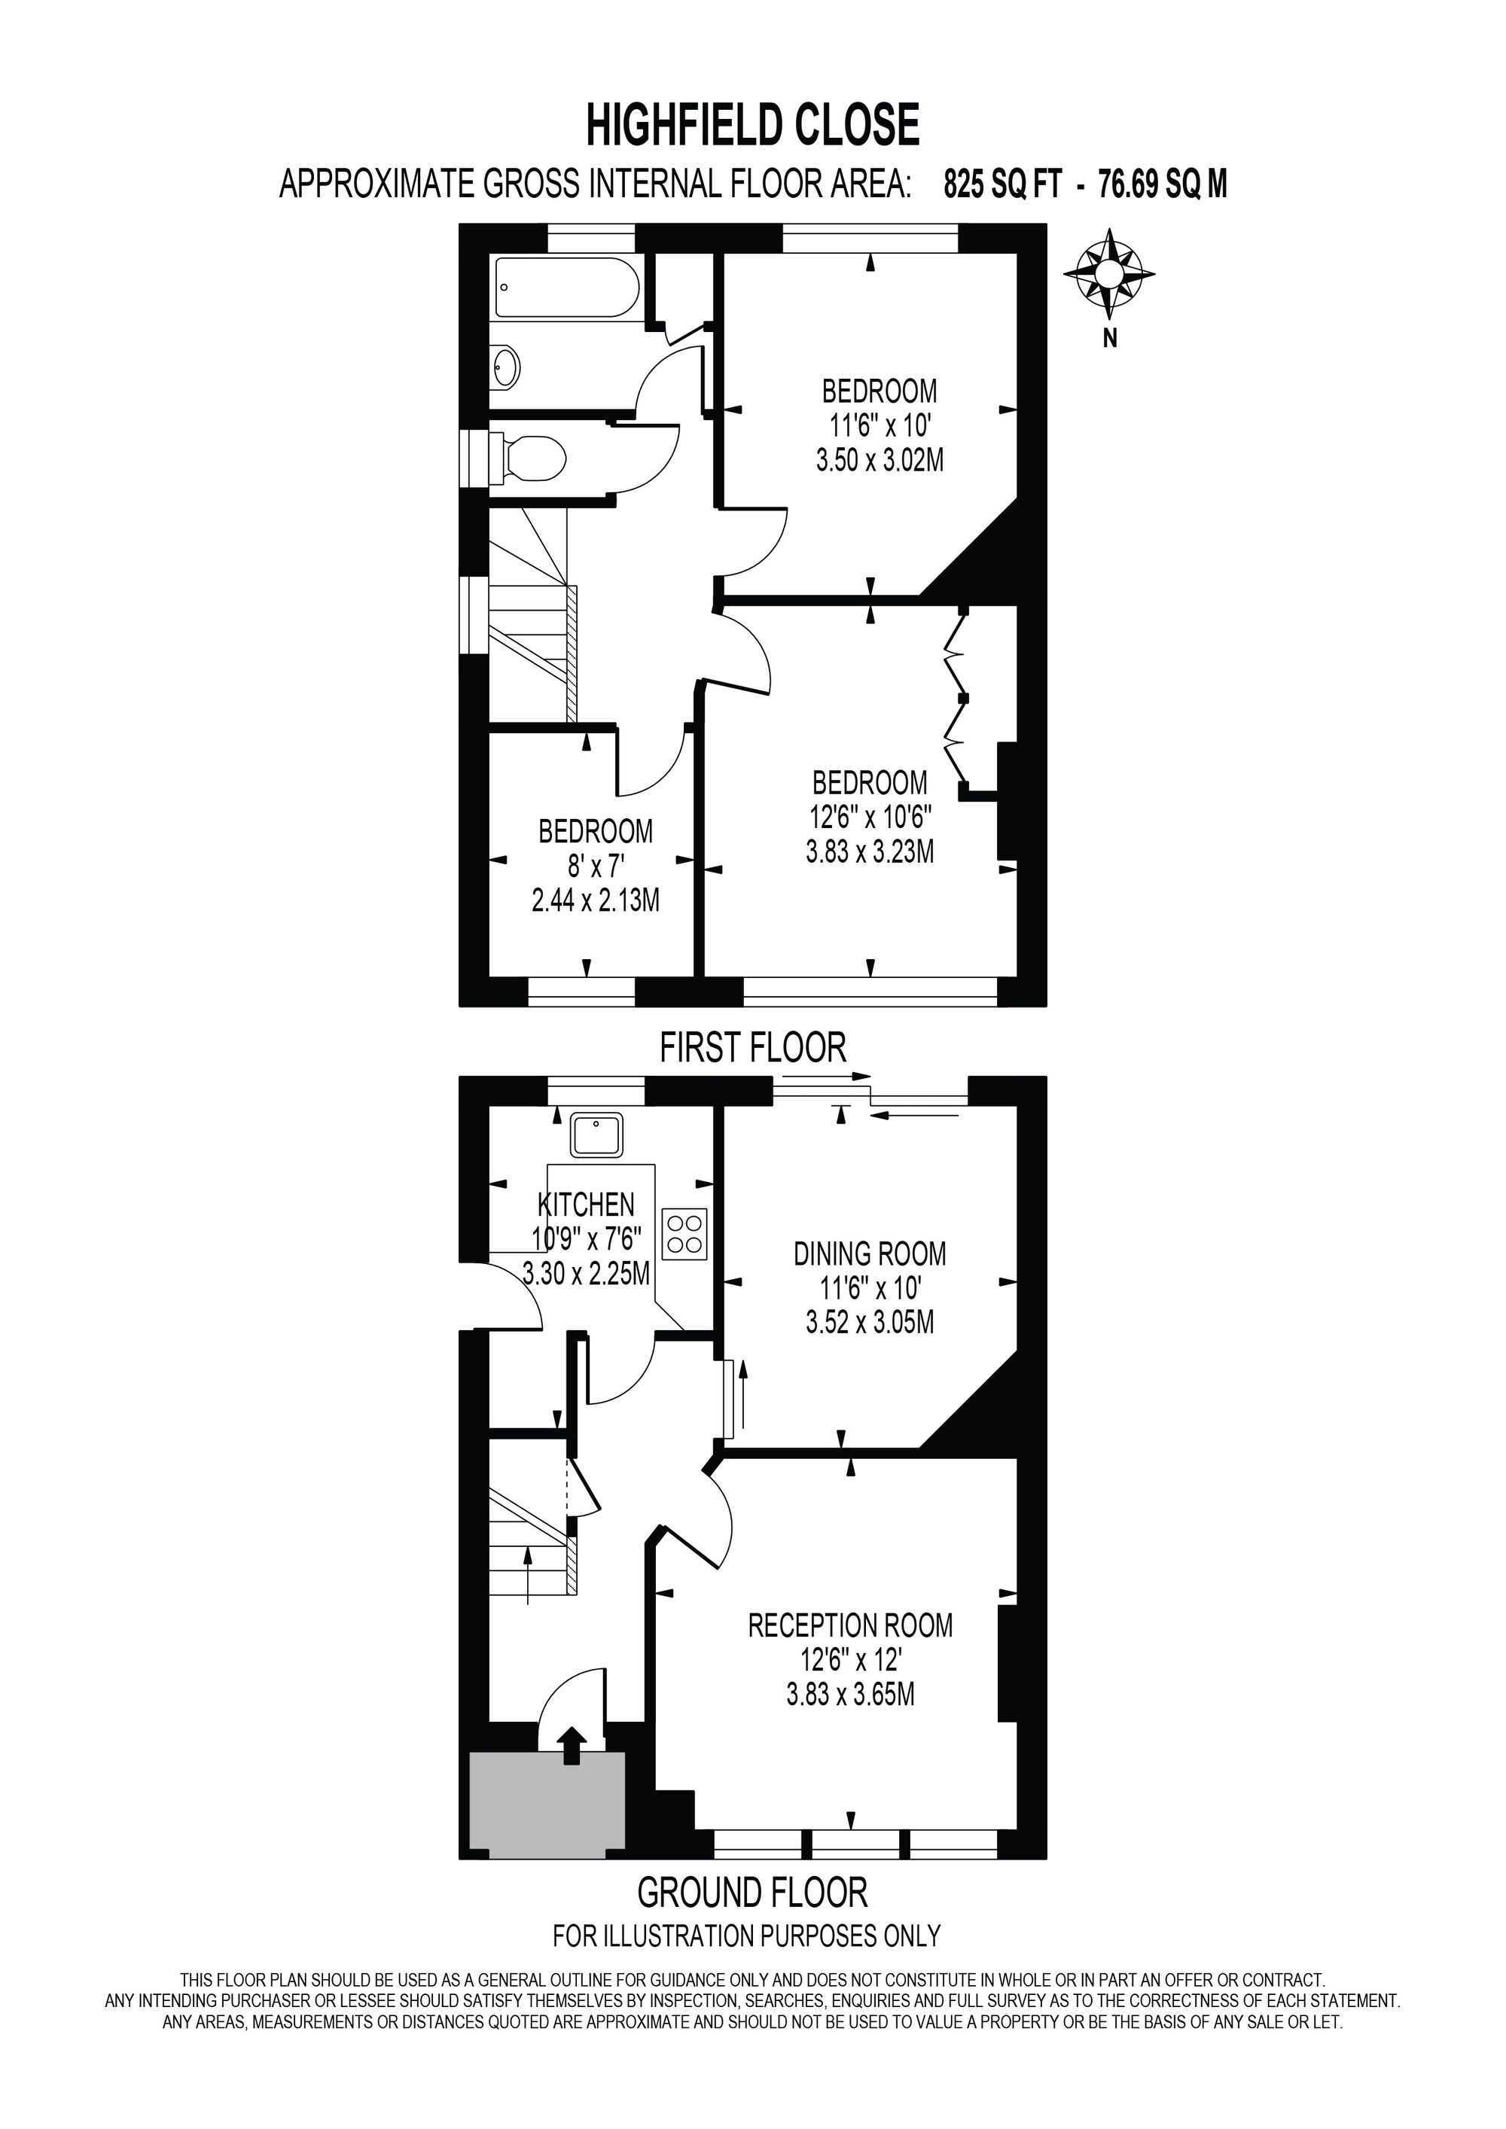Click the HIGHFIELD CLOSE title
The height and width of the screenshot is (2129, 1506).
(752, 125)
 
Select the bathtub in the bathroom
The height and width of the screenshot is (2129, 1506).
(566, 288)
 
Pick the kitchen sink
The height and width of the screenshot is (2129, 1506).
(597, 1135)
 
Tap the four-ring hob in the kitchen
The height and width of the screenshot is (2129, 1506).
(684, 1233)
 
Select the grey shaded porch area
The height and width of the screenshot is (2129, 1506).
(547, 1805)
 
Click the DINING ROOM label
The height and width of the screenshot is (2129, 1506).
(870, 1254)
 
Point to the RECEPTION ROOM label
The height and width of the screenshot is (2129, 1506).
(850, 1625)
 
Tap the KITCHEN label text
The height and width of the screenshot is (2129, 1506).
(586, 1205)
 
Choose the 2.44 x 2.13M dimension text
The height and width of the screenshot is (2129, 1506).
(596, 900)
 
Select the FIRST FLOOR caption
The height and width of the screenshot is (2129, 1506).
(753, 1049)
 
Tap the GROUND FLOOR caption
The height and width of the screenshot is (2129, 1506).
(752, 1892)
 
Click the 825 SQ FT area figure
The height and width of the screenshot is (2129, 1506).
(1001, 184)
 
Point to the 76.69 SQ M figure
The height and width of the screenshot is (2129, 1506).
(1162, 184)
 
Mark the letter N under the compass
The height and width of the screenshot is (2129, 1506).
(1109, 340)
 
